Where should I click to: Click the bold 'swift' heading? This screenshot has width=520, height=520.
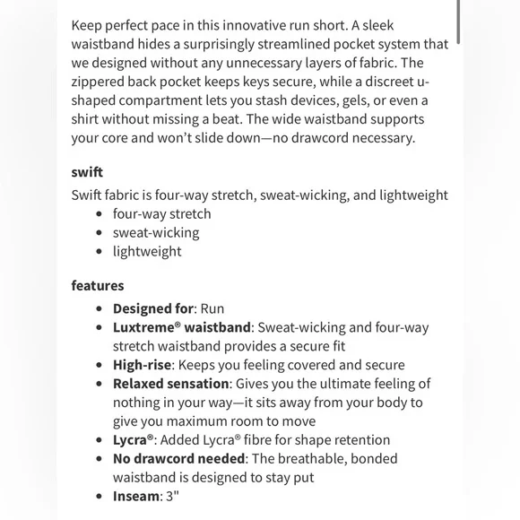[x=87, y=171]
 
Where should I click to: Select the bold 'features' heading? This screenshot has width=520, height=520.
[x=98, y=286]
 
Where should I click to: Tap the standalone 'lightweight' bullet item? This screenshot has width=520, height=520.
[x=147, y=251]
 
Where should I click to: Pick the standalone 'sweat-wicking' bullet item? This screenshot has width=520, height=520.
[x=156, y=232]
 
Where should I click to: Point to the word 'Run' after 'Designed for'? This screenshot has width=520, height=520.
[x=212, y=308]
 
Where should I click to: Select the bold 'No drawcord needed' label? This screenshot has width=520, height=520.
[x=178, y=458]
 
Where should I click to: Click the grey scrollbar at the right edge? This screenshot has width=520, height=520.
[x=459, y=22]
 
